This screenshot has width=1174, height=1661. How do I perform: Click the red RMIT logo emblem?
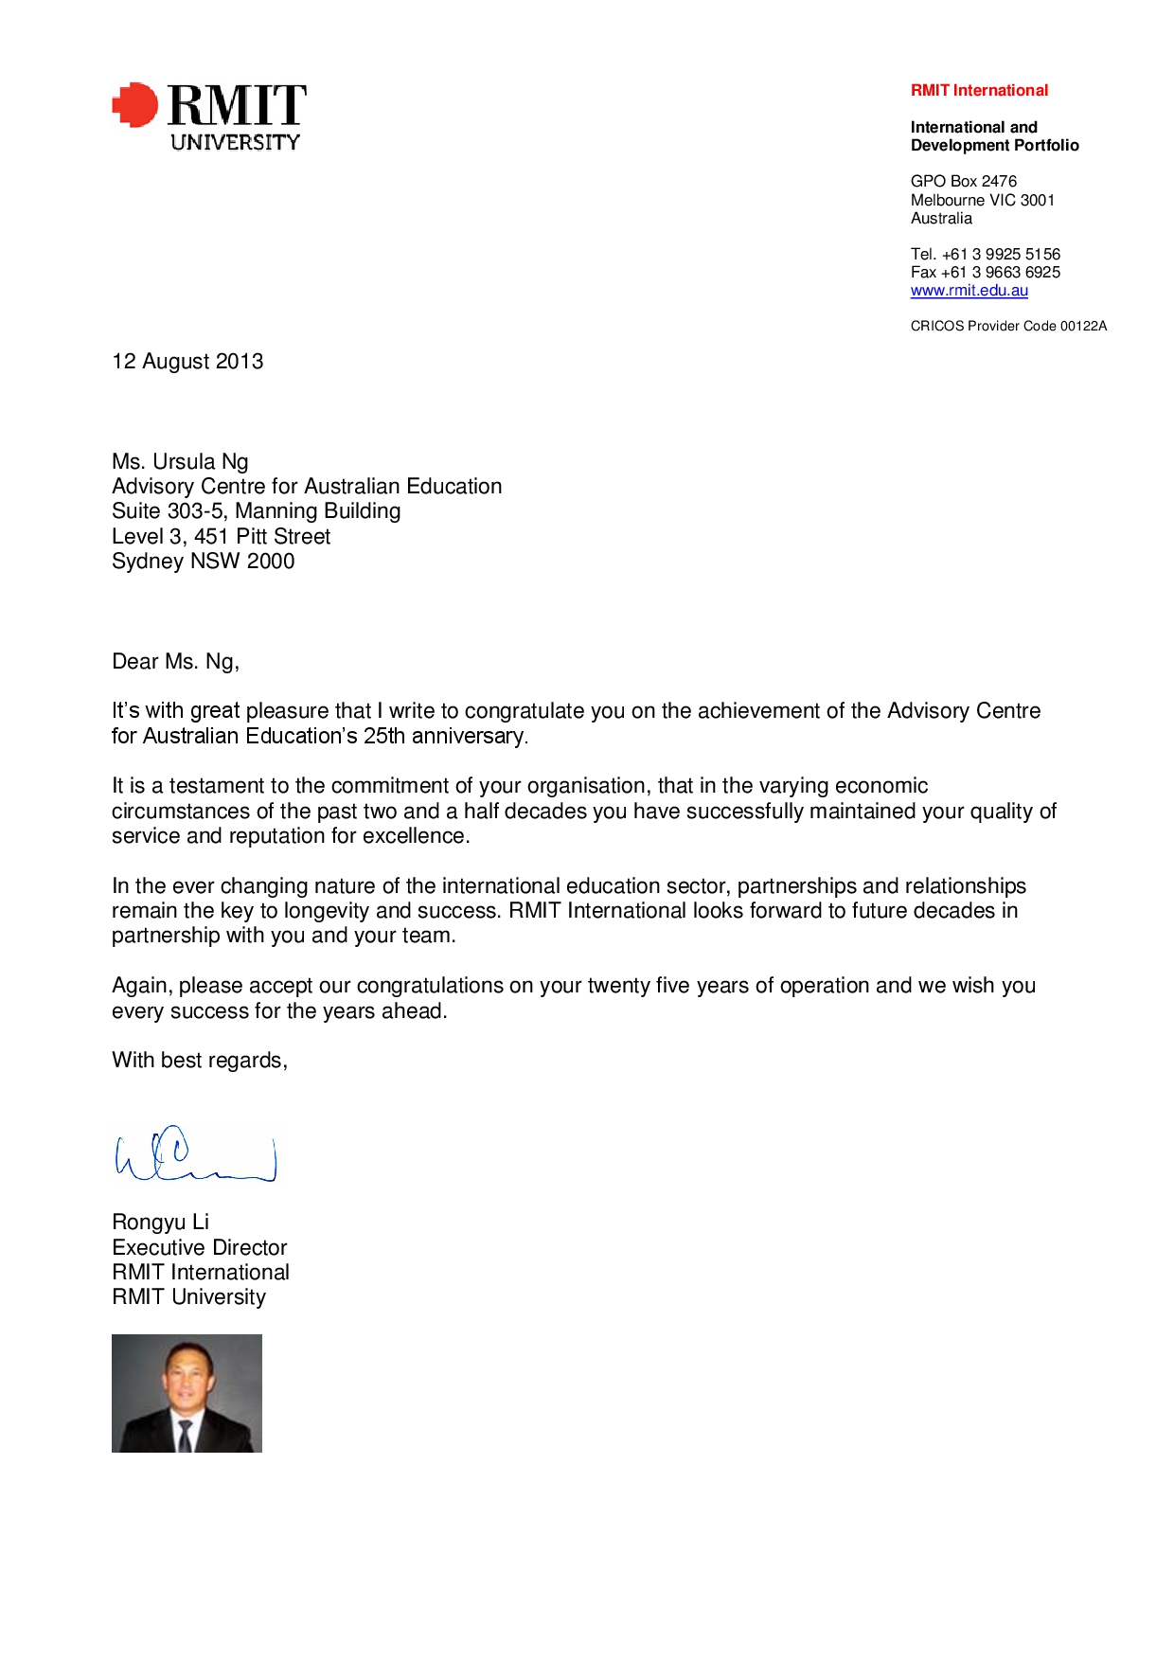(135, 104)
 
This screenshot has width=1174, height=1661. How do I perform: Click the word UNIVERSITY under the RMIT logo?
(235, 142)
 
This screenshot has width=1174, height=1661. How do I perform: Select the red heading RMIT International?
(979, 91)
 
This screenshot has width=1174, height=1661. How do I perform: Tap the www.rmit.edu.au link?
(969, 291)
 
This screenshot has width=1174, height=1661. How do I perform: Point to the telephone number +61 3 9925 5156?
(1001, 254)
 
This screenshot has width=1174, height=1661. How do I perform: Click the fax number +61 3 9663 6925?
(1000, 273)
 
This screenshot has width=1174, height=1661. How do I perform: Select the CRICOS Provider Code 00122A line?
(1008, 326)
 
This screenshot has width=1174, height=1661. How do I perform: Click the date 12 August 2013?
(187, 362)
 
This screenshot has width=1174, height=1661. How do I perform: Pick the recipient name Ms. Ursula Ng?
(180, 462)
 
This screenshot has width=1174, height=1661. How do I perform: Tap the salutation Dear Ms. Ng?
(175, 662)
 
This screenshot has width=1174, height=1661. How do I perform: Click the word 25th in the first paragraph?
(384, 737)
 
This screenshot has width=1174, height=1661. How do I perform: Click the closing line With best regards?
(199, 1061)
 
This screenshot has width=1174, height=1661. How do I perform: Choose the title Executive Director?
(199, 1248)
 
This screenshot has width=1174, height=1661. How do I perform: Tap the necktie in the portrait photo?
(186, 1435)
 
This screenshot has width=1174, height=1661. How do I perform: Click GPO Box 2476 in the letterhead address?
(963, 182)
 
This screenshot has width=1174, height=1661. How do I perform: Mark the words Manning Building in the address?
(317, 511)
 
